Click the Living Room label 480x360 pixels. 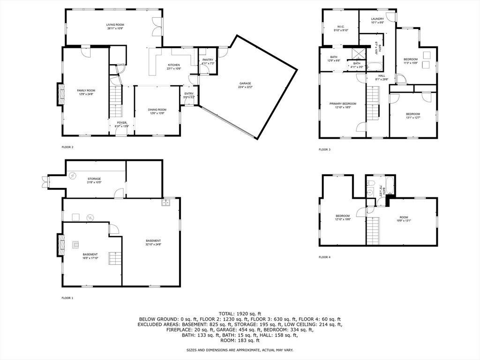click(114, 24)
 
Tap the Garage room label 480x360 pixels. click(245, 83)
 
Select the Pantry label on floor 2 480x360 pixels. click(208, 60)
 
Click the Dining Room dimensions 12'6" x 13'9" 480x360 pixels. click(158, 113)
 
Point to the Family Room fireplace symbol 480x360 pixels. click(60, 95)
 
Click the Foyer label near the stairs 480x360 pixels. click(122, 123)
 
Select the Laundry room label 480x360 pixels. click(377, 19)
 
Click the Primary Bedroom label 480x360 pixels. click(343, 104)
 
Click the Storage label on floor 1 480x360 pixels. click(94, 179)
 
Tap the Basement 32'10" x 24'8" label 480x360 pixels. click(153, 241)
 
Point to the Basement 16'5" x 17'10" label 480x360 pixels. click(90, 255)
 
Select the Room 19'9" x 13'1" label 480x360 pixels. click(404, 217)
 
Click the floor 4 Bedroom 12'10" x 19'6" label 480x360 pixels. click(343, 216)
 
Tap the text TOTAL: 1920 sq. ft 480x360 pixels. click(240, 313)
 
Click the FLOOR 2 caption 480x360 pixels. click(67, 147)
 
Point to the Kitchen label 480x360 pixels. click(174, 65)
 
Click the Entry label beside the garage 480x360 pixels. click(189, 94)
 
